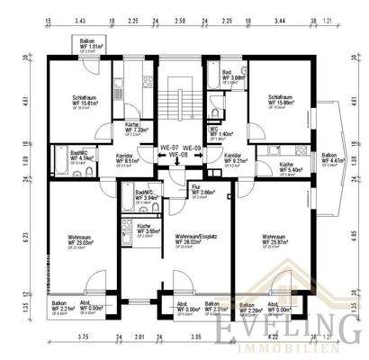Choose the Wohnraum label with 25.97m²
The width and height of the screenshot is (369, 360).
[x=281, y=240]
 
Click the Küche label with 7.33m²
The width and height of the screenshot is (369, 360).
[x=138, y=128]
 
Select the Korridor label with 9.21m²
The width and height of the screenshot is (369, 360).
[x=223, y=158]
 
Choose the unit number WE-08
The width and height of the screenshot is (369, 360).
[x=180, y=154]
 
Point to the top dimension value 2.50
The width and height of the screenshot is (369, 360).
[x=180, y=19]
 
